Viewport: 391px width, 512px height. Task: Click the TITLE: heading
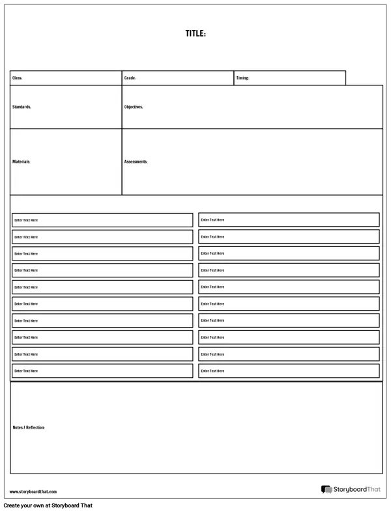pyautogui.click(x=195, y=34)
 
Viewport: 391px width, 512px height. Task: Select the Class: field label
pyautogui.click(x=18, y=78)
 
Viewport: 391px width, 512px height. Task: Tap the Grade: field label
pyautogui.click(x=130, y=78)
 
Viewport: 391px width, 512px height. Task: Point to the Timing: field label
pyautogui.click(x=242, y=78)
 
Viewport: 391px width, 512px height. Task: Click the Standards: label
pyautogui.click(x=22, y=107)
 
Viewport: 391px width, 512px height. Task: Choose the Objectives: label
pyautogui.click(x=134, y=107)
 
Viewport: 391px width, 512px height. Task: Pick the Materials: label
pyautogui.click(x=22, y=162)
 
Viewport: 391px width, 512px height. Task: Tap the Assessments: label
pyautogui.click(x=136, y=162)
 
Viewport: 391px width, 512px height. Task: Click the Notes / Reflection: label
pyautogui.click(x=29, y=427)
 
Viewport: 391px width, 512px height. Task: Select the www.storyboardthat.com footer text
pyautogui.click(x=33, y=492)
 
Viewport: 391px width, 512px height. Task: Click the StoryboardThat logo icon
pyautogui.click(x=326, y=490)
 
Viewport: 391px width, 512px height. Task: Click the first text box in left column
pyautogui.click(x=102, y=220)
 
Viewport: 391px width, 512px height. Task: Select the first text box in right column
pyautogui.click(x=289, y=220)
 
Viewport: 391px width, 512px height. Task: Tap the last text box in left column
pyautogui.click(x=102, y=371)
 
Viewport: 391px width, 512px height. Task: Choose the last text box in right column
pyautogui.click(x=289, y=371)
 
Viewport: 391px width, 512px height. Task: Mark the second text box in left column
pyautogui.click(x=102, y=236)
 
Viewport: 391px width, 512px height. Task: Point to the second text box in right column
pyautogui.click(x=289, y=236)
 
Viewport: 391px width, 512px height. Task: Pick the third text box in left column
pyautogui.click(x=102, y=253)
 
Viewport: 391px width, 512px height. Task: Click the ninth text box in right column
pyautogui.click(x=289, y=354)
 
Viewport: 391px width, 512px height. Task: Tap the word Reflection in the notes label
pyautogui.click(x=35, y=427)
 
